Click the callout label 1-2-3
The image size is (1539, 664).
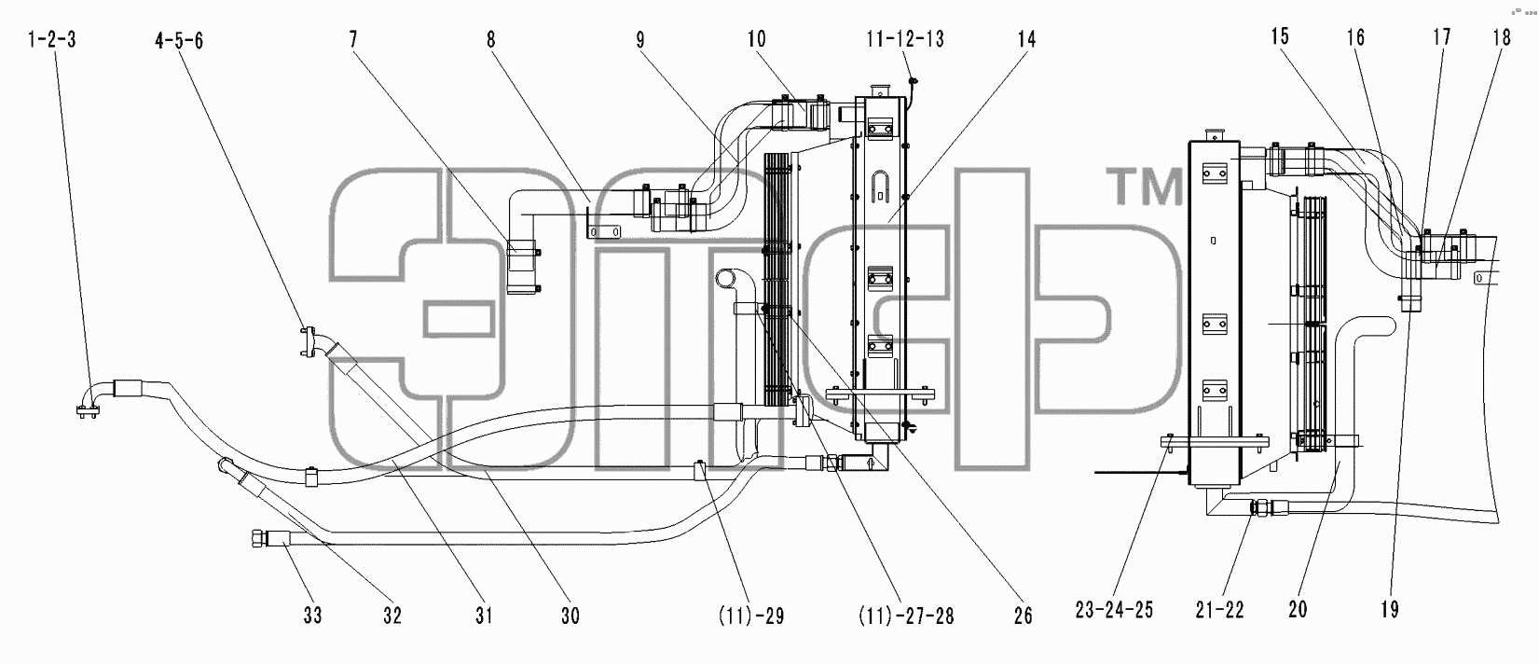pyautogui.click(x=51, y=39)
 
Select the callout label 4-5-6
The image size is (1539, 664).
pyautogui.click(x=179, y=40)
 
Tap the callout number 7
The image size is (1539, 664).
pyautogui.click(x=353, y=39)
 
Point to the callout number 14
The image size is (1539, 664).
pyautogui.click(x=1026, y=39)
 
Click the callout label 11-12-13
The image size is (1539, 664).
pyautogui.click(x=905, y=39)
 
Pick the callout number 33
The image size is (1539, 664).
pyautogui.click(x=312, y=616)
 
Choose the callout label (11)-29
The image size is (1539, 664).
pyautogui.click(x=751, y=616)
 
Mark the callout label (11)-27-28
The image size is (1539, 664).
pyautogui.click(x=906, y=616)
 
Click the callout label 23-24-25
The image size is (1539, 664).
pyautogui.click(x=1114, y=610)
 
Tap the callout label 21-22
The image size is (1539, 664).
pyautogui.click(x=1219, y=610)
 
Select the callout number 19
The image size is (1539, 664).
pyautogui.click(x=1389, y=609)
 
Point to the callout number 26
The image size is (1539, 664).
pyautogui.click(x=1023, y=616)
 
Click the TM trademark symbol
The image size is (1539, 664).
pyautogui.click(x=1145, y=187)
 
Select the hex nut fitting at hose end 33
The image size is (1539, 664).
pyautogui.click(x=257, y=537)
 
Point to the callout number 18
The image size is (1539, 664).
pyautogui.click(x=1501, y=37)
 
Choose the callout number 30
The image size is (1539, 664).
pyautogui.click(x=570, y=616)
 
